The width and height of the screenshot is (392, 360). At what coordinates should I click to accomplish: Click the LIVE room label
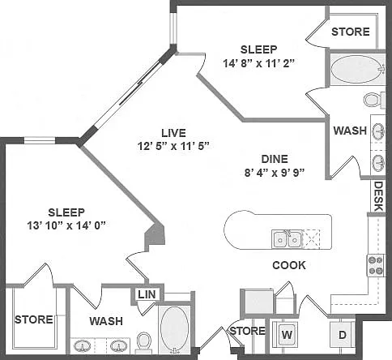(x=173, y=133)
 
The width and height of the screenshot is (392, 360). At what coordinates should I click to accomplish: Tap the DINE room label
(x=275, y=159)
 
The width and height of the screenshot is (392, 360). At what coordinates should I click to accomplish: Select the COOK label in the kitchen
(x=289, y=265)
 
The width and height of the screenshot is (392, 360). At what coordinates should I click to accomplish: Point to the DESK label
(x=378, y=196)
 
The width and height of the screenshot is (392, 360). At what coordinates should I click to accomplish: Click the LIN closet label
(x=147, y=294)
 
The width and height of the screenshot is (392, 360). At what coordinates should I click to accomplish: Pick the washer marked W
(x=287, y=335)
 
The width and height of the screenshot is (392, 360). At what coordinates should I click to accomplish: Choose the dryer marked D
(x=342, y=335)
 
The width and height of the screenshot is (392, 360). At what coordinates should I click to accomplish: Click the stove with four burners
(x=376, y=265)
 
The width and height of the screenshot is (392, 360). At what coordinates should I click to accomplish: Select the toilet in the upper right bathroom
(x=374, y=100)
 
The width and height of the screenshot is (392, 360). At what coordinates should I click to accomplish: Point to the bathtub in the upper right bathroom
(x=357, y=70)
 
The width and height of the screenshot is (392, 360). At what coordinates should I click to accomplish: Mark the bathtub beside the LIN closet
(x=174, y=330)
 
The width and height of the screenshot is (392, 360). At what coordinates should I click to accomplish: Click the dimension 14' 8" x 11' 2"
(x=258, y=64)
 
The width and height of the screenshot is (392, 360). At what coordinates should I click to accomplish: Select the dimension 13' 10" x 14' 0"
(x=66, y=225)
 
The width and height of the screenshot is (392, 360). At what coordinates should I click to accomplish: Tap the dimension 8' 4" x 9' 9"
(x=275, y=173)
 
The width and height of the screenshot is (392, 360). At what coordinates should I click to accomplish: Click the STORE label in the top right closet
(x=351, y=32)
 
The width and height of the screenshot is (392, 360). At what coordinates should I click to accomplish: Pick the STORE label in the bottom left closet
(x=34, y=319)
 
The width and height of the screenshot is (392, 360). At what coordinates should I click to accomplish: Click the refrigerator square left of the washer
(x=258, y=302)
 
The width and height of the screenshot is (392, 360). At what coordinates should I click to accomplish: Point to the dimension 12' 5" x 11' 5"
(x=173, y=146)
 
